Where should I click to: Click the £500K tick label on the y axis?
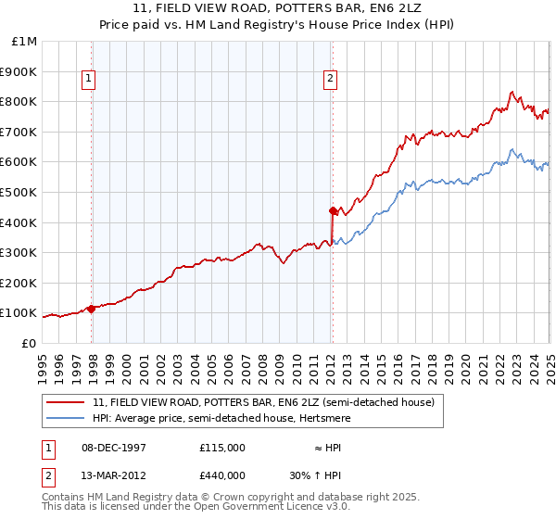click(19, 192)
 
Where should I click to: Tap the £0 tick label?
click(30, 343)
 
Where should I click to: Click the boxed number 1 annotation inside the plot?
click(89, 80)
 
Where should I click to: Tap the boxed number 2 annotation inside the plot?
click(330, 80)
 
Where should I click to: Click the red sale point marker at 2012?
click(332, 210)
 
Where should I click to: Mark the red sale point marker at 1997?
click(92, 309)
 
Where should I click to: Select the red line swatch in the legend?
click(66, 402)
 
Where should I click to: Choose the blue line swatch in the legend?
click(66, 418)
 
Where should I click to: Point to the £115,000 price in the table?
click(222, 447)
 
